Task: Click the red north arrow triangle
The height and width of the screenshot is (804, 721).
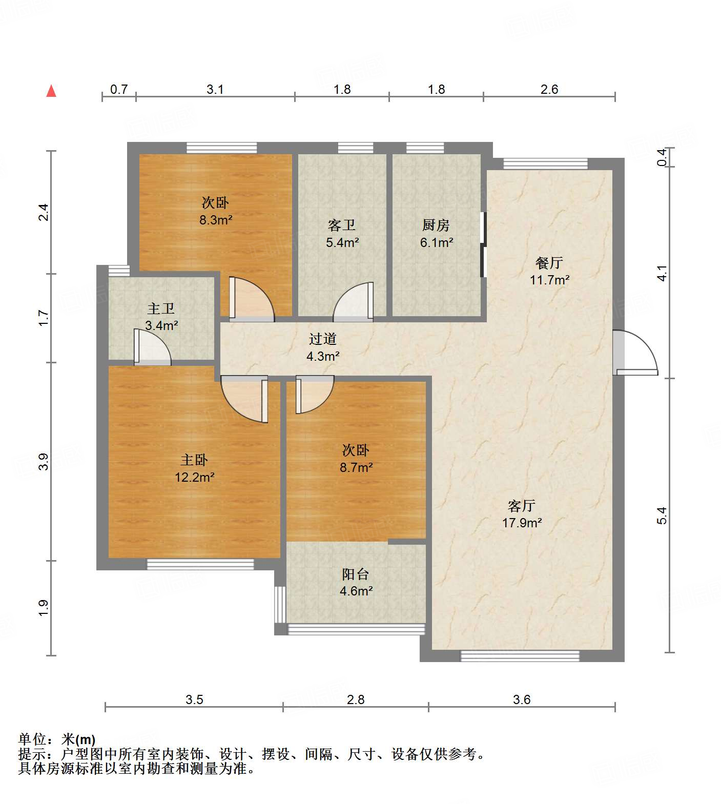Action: [x=51, y=91]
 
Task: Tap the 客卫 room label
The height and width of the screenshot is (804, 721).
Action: [x=342, y=225]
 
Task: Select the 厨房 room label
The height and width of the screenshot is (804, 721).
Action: [x=436, y=225]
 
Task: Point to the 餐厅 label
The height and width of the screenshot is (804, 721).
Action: [x=549, y=263]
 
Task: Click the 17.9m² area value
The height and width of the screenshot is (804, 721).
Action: [x=522, y=523]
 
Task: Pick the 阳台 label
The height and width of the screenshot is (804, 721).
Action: [x=356, y=574]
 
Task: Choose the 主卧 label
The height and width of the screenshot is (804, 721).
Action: [x=194, y=460]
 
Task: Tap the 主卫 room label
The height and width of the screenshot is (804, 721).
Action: [x=161, y=308]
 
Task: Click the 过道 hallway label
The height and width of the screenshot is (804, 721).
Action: [x=323, y=339]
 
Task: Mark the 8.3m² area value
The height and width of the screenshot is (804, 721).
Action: [x=216, y=220]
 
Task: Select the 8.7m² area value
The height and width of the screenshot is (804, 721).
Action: [x=357, y=467]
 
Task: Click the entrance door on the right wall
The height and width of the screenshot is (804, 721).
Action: [x=635, y=353]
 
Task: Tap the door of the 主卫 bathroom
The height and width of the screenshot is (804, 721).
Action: [x=152, y=347]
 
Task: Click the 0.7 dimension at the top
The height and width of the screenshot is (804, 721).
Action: [x=119, y=90]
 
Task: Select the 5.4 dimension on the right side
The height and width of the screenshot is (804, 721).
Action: [x=662, y=515]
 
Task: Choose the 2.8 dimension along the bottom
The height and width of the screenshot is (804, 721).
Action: [x=356, y=699]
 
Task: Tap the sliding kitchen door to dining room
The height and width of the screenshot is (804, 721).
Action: [x=483, y=244]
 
